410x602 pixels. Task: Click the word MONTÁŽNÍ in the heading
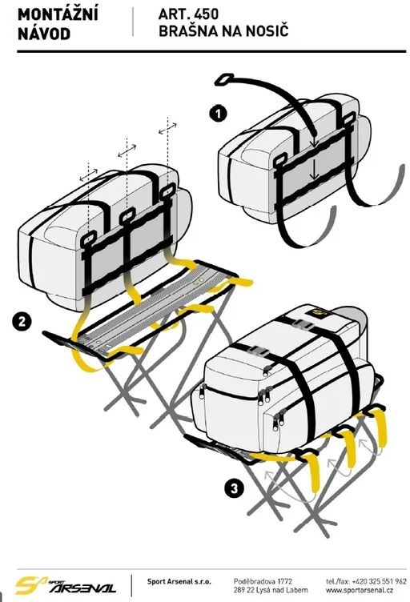tap(58, 14)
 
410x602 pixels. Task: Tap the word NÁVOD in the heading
tap(44, 34)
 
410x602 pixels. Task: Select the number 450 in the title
tap(206, 14)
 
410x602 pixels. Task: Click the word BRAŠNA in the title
tap(185, 31)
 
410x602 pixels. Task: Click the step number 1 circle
tap(218, 114)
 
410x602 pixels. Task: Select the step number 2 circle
tap(22, 321)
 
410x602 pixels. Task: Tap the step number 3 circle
tap(234, 489)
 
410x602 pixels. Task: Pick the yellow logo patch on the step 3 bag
tap(318, 313)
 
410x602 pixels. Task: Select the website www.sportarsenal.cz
tap(359, 591)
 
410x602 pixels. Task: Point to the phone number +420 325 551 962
tap(379, 581)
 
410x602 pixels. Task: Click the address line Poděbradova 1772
tap(263, 581)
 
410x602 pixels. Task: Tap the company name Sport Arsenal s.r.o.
tap(179, 581)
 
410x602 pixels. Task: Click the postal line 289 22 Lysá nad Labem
tap(271, 591)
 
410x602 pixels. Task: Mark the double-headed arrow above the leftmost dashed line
tap(88, 175)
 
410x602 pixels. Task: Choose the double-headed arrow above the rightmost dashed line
tap(167, 129)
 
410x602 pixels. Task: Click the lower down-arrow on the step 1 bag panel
tap(315, 170)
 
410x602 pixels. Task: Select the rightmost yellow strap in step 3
tap(380, 427)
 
